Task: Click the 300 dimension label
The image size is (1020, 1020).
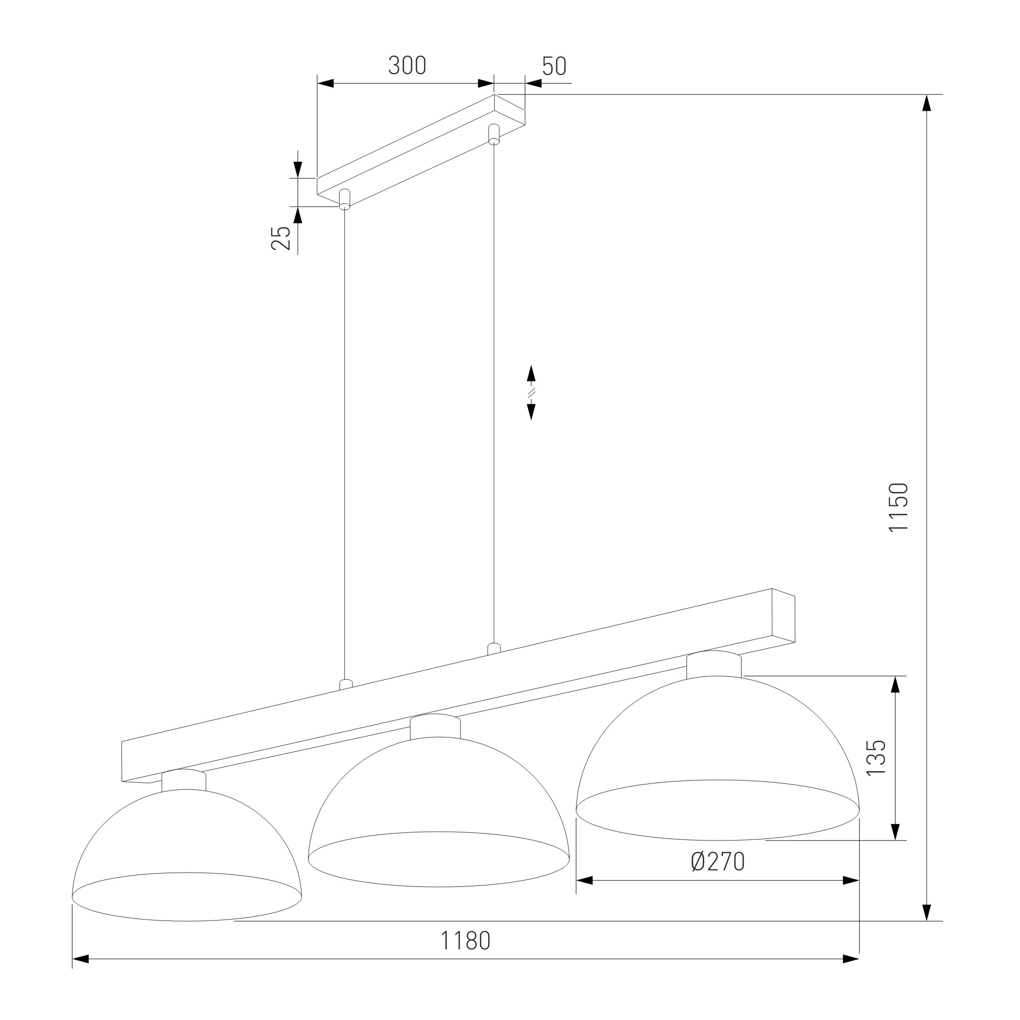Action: [407, 65]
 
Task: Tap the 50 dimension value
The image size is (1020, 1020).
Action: [554, 66]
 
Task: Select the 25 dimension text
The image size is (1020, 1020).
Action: [281, 238]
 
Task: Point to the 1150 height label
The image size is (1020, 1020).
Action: [898, 507]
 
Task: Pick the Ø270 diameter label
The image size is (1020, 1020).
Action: [718, 861]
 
